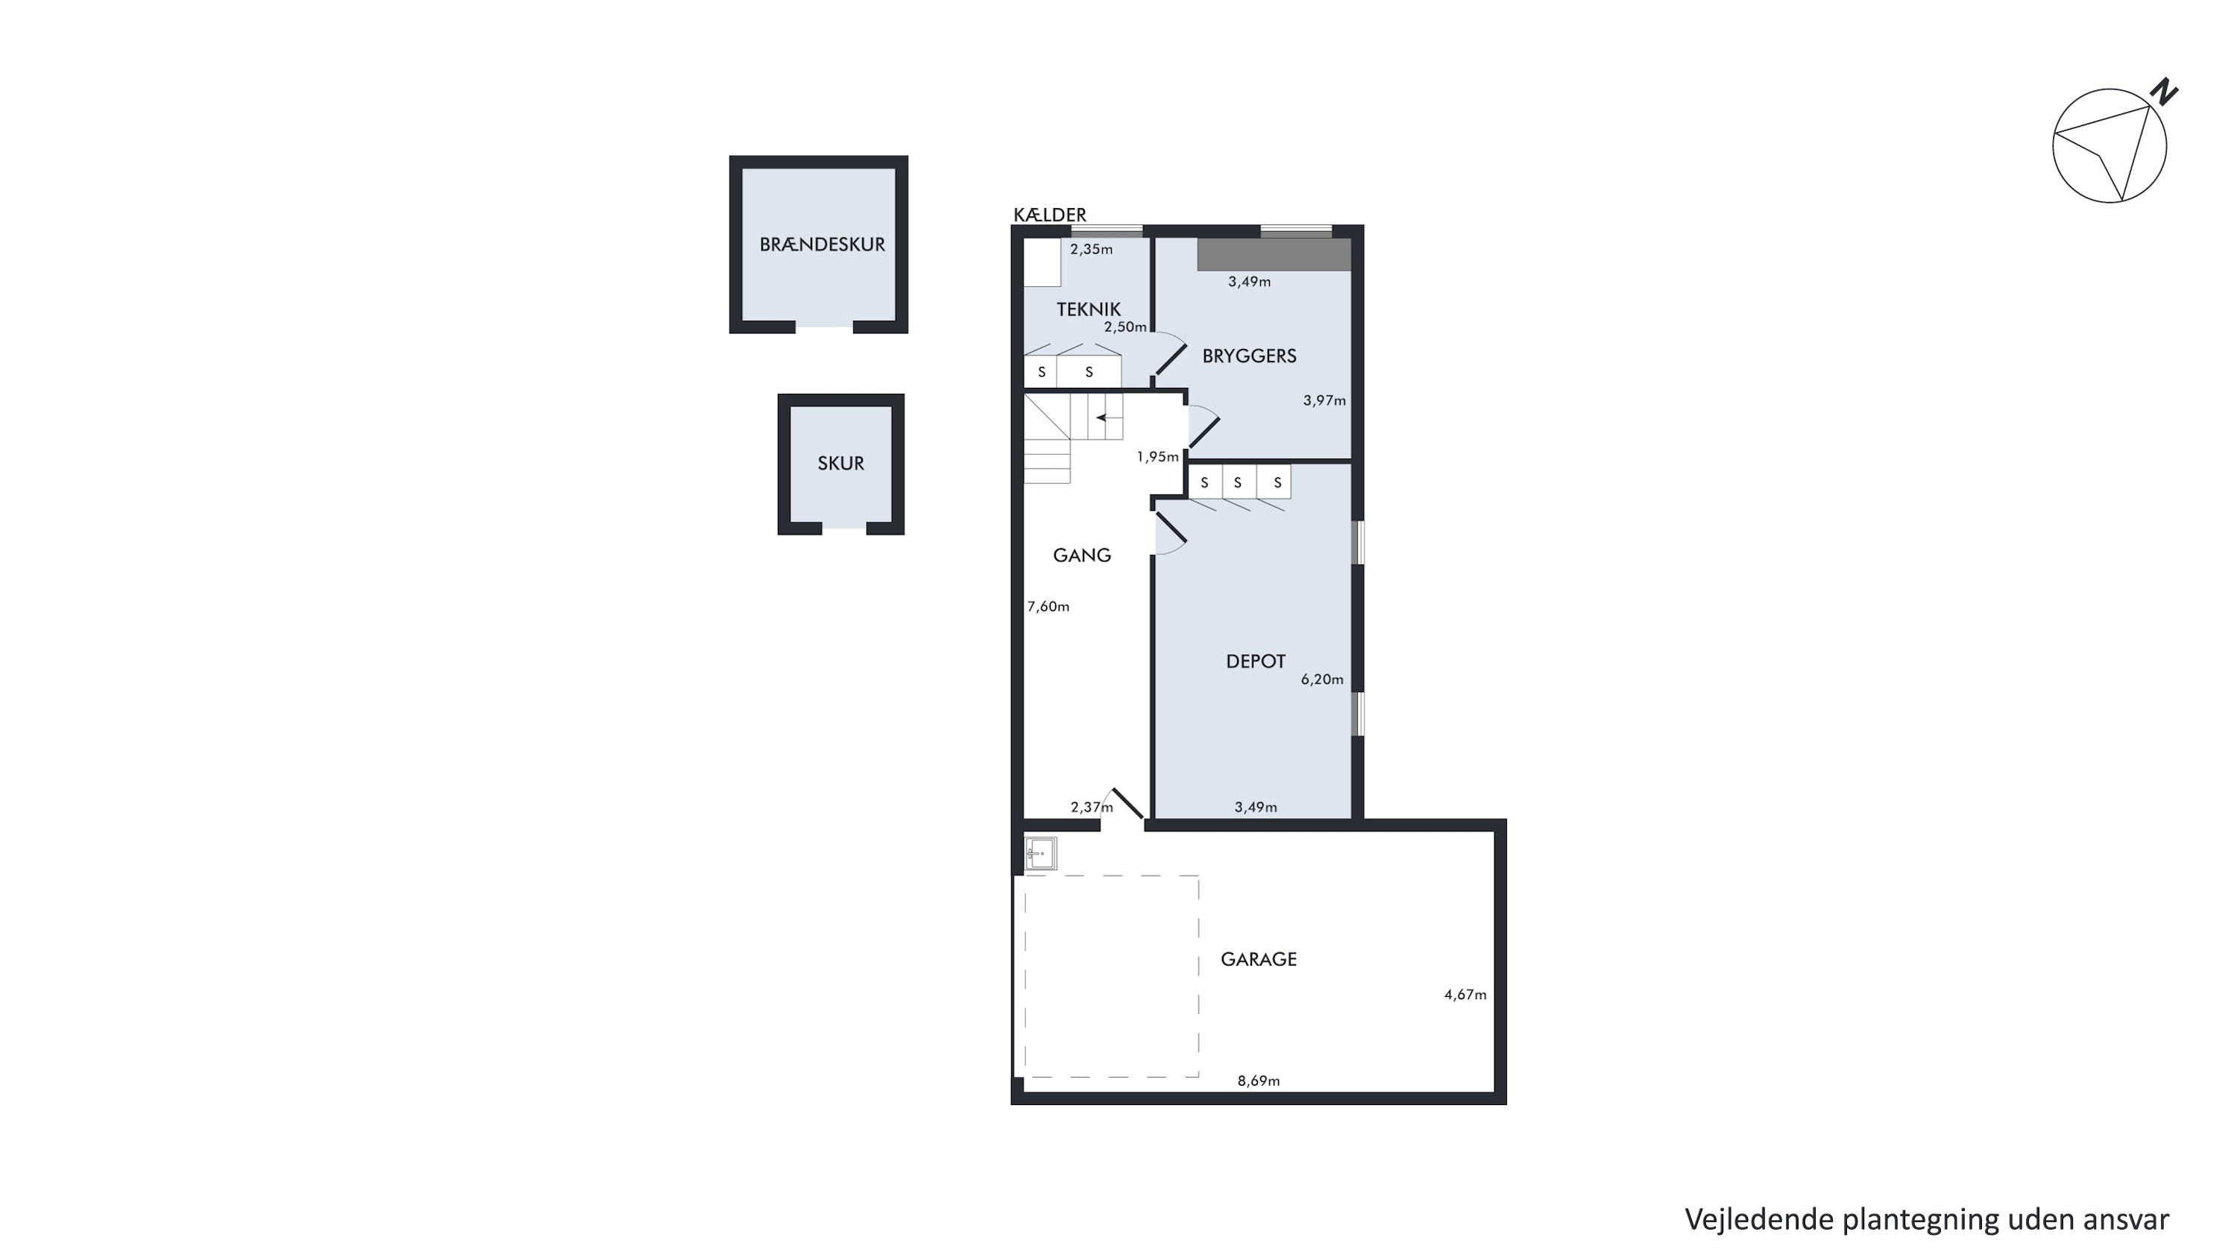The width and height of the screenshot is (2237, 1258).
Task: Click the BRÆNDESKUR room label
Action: point(822,245)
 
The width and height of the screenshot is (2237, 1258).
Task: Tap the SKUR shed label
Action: point(840,464)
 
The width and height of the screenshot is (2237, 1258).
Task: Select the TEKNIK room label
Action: point(1088,309)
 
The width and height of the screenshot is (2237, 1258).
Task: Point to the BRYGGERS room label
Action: point(1249,356)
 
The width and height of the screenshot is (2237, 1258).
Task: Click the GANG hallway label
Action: point(1081,556)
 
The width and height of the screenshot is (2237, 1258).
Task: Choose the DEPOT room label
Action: point(1255,661)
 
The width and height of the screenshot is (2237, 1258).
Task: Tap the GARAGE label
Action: point(1259,959)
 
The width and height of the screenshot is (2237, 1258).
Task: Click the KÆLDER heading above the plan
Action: point(1049,215)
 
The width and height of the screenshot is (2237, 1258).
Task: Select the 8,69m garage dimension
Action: point(1259,1081)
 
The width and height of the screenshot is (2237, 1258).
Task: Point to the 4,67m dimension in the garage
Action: point(1465,995)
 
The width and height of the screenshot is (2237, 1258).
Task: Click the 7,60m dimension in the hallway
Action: point(1048,607)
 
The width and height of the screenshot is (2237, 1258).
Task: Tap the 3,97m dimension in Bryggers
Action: point(1324,401)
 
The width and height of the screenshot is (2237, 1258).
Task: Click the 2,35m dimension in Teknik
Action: point(1091,249)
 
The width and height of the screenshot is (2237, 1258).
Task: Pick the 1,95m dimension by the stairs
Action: point(1157,456)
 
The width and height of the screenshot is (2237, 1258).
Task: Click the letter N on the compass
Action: point(2163,92)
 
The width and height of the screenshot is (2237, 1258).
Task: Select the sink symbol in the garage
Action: point(1040,853)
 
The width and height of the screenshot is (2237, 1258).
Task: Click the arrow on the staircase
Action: point(1108,418)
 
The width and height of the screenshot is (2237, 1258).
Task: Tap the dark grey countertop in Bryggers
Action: point(1274,254)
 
